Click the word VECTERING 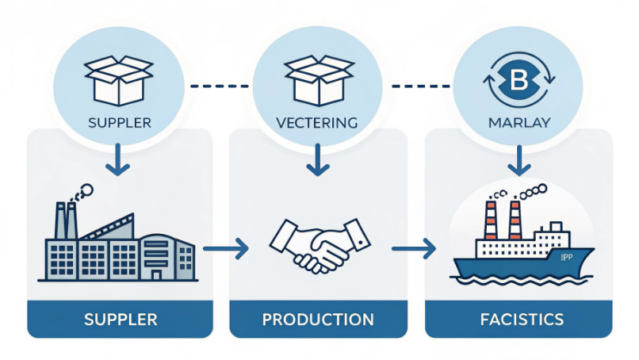point(318,124)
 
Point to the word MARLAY point(518,124)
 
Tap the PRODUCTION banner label point(318,320)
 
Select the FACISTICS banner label point(518,320)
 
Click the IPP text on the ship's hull point(566,257)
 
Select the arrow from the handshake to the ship point(414,250)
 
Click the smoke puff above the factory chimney point(82,191)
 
